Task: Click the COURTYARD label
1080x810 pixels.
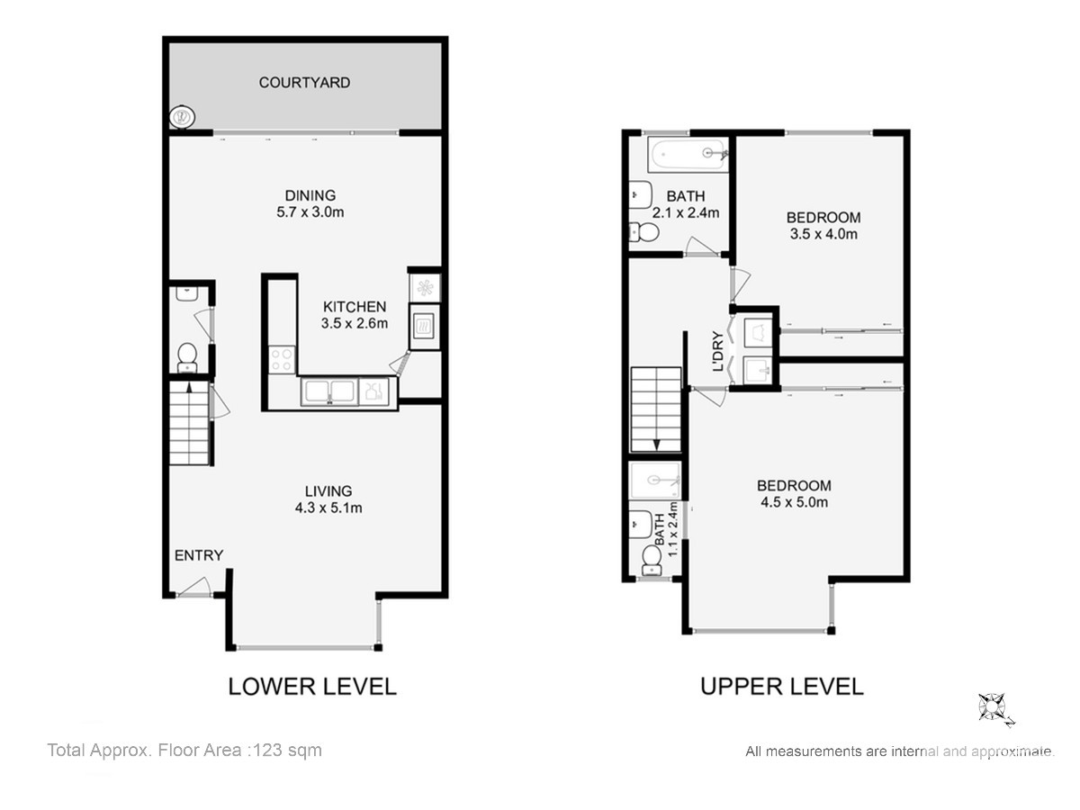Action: click(x=304, y=83)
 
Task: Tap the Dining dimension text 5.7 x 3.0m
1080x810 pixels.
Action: click(x=310, y=212)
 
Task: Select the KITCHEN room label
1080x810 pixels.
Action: click(x=355, y=307)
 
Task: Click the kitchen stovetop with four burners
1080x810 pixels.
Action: click(x=282, y=359)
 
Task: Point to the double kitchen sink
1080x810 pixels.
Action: click(x=329, y=391)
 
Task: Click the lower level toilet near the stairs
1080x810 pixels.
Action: click(x=187, y=358)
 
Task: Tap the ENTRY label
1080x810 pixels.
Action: click(x=199, y=555)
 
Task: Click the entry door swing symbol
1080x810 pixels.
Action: click(x=194, y=587)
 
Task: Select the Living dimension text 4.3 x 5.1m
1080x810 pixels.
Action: click(x=328, y=508)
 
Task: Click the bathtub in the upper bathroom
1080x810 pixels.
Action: click(x=688, y=154)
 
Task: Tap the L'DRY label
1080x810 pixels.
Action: click(x=718, y=351)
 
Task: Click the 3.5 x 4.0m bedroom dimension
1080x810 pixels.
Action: click(x=823, y=234)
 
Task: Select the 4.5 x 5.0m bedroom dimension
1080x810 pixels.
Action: click(x=794, y=502)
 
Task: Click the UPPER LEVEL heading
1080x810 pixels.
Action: click(x=782, y=687)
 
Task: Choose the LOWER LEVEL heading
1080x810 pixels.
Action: click(x=312, y=687)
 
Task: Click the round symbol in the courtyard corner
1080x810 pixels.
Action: click(x=182, y=118)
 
